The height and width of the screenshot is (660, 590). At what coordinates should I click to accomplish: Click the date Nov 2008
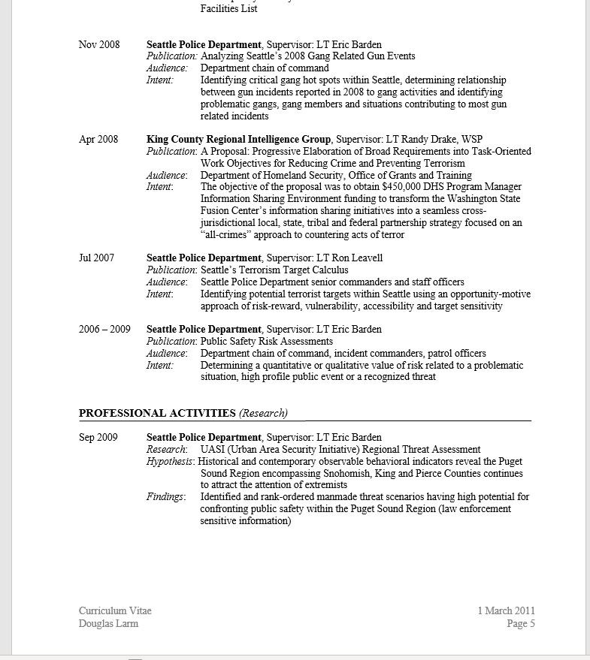pos(99,44)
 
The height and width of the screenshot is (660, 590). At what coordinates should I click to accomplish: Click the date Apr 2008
pos(98,139)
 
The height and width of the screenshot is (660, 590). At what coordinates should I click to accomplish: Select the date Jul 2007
pos(97,258)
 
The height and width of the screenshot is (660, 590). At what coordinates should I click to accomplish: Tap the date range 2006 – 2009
pos(104,329)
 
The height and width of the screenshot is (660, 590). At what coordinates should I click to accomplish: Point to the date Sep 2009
pos(98,437)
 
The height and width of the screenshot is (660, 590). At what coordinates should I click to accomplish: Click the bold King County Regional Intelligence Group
pos(238,139)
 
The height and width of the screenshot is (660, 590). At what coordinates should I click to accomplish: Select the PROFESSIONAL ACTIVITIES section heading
pos(157,413)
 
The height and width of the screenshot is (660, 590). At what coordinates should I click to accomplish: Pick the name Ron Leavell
pos(357,258)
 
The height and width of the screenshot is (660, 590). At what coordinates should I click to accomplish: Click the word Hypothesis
pos(169,461)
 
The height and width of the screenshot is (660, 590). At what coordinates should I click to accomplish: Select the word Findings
pos(165,496)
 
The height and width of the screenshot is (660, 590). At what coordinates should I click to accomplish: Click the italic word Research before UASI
pos(165,449)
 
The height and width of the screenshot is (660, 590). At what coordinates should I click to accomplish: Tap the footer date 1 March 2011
pos(506,610)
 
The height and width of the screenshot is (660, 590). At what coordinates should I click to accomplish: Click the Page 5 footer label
pos(520,623)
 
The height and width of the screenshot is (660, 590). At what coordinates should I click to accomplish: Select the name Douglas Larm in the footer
pos(108,623)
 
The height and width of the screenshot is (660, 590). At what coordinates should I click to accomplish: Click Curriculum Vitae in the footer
pos(115,610)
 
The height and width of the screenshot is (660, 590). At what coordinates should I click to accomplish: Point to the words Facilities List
pos(228,9)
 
